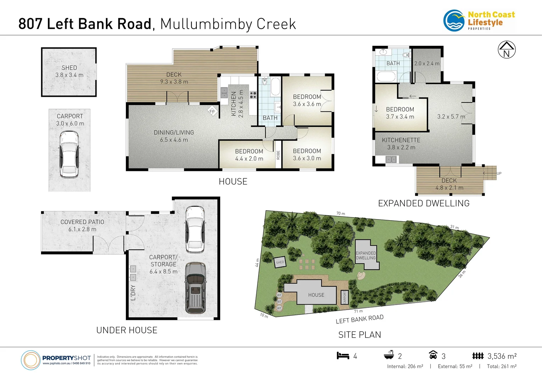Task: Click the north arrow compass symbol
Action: click(x=507, y=50)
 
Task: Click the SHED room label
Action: click(x=69, y=68)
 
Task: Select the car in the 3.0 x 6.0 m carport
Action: click(x=69, y=154)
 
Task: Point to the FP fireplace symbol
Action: click(x=212, y=111)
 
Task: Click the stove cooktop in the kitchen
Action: click(x=253, y=95)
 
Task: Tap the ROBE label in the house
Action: click(x=278, y=155)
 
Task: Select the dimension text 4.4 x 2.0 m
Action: click(x=249, y=159)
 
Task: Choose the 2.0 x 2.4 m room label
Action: click(x=427, y=63)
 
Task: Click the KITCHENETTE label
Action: click(x=401, y=140)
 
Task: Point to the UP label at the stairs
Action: click(x=499, y=173)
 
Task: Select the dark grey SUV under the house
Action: click(x=195, y=288)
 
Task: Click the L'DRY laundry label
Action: click(x=133, y=293)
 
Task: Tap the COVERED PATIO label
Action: click(x=82, y=222)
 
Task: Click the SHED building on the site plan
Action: click(x=280, y=262)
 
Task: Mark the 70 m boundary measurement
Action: click(x=340, y=213)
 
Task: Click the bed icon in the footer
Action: click(x=343, y=356)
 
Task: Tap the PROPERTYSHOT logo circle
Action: click(x=31, y=360)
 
